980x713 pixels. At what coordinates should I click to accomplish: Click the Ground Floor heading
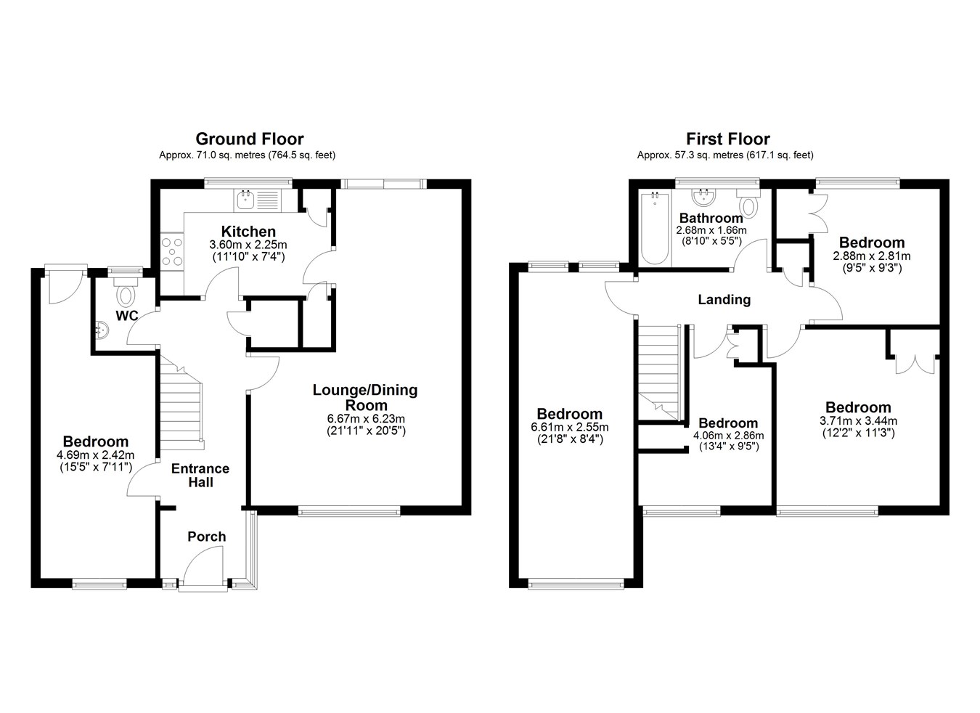[250, 139]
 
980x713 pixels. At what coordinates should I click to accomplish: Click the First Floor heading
[728, 139]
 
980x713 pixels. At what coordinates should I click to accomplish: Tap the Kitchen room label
[248, 232]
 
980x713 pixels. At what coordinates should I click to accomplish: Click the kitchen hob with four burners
[172, 251]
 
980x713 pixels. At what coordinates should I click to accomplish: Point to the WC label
[127, 315]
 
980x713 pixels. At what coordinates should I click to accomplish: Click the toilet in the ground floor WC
[126, 290]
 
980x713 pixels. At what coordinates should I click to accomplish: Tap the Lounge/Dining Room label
[365, 397]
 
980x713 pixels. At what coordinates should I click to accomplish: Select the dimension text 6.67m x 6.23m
[366, 418]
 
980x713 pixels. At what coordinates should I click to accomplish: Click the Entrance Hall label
[200, 476]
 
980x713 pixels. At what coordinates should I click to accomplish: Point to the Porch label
[207, 536]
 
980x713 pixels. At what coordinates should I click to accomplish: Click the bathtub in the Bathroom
[655, 229]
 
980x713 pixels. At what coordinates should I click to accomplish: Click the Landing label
[724, 300]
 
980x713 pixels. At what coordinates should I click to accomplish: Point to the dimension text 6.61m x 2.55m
[570, 427]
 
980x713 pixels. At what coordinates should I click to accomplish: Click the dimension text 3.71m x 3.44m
[858, 421]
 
